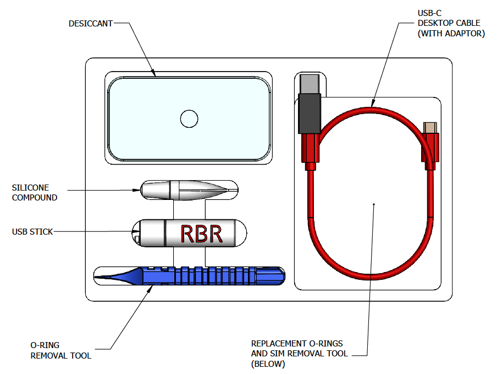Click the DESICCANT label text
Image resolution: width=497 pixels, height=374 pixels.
coord(91,24)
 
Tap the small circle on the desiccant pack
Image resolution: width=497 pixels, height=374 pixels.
coord(189,118)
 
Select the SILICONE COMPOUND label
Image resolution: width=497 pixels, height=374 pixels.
coord(35,192)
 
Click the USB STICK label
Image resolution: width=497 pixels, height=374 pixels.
coord(32,232)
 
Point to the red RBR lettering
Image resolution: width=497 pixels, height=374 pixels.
coord(202,234)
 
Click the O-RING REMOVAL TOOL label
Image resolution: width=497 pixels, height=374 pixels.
coord(60,350)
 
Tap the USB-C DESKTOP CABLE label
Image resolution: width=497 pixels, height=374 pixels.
coord(451,23)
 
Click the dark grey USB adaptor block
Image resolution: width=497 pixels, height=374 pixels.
coord(309,113)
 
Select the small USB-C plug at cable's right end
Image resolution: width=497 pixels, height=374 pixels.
coord(430,127)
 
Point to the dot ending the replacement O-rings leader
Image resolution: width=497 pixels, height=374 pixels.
coord(374,204)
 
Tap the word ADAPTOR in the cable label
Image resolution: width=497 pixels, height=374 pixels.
coord(465,34)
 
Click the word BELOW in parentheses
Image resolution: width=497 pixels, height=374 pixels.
coord(268,364)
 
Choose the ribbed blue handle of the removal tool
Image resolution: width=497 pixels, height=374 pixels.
coord(220,274)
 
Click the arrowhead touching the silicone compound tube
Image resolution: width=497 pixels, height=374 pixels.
coord(137,191)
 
